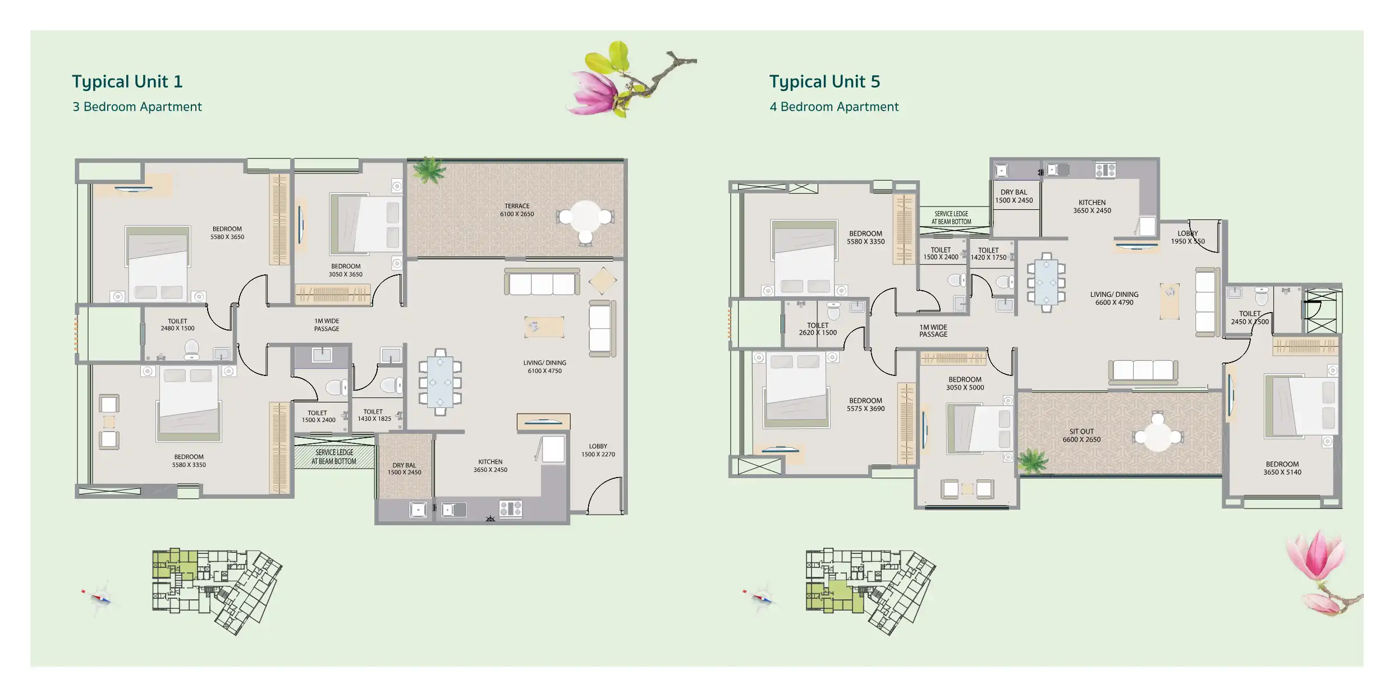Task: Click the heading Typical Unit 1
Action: (127, 82)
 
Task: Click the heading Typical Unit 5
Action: (824, 82)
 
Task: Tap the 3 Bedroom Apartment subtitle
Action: (137, 107)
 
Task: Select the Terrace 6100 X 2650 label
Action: (517, 210)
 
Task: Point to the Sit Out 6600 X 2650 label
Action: (1081, 435)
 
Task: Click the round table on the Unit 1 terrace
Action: (585, 221)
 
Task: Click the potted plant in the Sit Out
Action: (1033, 462)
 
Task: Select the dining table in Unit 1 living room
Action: (440, 382)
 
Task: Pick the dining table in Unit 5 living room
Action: (1046, 282)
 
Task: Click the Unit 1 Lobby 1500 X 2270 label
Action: (598, 450)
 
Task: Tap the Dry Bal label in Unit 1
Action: (404, 469)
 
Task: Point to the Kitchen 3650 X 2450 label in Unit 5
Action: (1092, 207)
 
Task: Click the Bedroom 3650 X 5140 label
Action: (1282, 468)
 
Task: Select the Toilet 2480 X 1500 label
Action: (177, 325)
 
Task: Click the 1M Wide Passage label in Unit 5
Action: (933, 331)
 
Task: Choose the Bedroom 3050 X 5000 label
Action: (965, 383)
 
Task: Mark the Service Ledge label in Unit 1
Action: (334, 457)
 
